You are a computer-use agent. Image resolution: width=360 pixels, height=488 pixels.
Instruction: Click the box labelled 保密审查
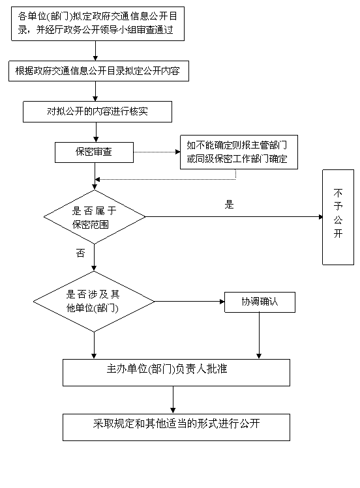[x=94, y=152]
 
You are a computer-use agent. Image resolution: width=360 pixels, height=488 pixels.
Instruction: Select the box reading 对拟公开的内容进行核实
[x=97, y=111]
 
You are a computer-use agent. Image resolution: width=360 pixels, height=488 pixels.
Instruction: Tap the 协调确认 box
[x=260, y=302]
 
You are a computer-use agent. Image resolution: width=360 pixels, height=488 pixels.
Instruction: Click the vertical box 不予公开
[x=338, y=217]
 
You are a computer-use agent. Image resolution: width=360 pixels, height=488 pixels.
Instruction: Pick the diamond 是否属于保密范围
[x=95, y=217]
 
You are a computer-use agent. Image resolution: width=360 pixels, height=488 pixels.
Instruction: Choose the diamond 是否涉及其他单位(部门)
[x=94, y=302]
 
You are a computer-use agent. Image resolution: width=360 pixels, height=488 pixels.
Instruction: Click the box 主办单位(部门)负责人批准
[x=176, y=373]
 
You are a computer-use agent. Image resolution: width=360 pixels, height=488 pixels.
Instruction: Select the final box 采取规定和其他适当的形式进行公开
[x=176, y=427]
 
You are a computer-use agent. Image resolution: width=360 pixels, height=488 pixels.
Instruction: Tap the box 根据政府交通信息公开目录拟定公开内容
[x=98, y=71]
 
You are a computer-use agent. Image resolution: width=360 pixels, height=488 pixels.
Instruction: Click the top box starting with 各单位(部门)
[x=98, y=23]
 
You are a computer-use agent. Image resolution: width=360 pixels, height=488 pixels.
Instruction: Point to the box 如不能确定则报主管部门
[x=239, y=152]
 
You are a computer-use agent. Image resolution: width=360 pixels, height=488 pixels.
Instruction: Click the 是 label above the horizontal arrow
[x=229, y=205]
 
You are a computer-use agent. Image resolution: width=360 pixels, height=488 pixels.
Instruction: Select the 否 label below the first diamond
[x=80, y=253]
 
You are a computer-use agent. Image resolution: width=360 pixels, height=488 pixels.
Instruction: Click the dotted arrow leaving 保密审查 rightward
[x=157, y=152]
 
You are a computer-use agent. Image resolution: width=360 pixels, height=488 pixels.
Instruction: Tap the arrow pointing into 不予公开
[x=234, y=216]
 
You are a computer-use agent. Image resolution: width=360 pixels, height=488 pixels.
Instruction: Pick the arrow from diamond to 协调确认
[x=189, y=301]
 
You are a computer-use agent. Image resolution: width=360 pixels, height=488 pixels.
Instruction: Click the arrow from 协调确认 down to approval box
[x=259, y=336]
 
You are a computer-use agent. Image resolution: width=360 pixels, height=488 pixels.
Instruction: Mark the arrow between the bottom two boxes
[x=173, y=400]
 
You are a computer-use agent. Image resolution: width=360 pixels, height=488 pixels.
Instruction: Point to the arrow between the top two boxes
[x=95, y=51]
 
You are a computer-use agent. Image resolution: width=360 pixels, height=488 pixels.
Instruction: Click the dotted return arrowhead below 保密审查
[x=97, y=180]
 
